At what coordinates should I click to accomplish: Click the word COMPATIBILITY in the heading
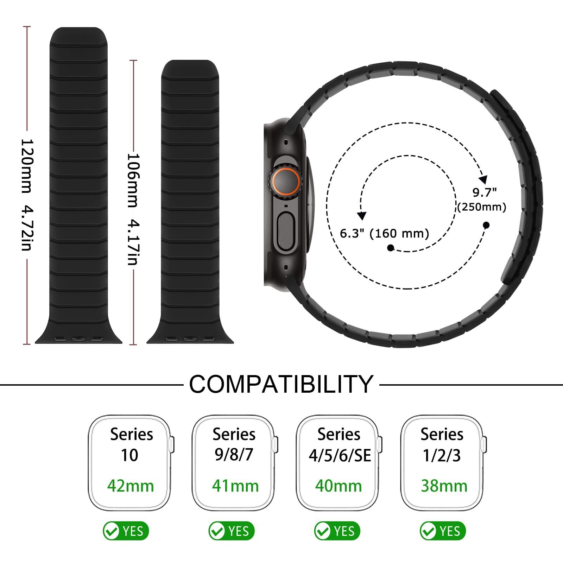tap(281, 384)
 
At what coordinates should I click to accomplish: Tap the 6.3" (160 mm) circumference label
tap(384, 233)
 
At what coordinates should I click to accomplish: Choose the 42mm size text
tap(131, 486)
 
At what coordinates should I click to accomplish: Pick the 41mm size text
tap(235, 486)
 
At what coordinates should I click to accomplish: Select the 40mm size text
tap(339, 486)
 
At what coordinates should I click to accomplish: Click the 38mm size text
tap(444, 486)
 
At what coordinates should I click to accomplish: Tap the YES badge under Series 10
tap(126, 531)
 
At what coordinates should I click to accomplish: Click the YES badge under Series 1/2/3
tap(442, 531)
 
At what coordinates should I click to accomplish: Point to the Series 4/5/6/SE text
tap(340, 445)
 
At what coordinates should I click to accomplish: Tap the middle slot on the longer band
tap(78, 339)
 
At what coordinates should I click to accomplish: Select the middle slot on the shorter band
tap(190, 339)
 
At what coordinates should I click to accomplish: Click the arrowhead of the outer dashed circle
tap(484, 179)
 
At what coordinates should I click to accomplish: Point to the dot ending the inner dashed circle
tap(390, 248)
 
